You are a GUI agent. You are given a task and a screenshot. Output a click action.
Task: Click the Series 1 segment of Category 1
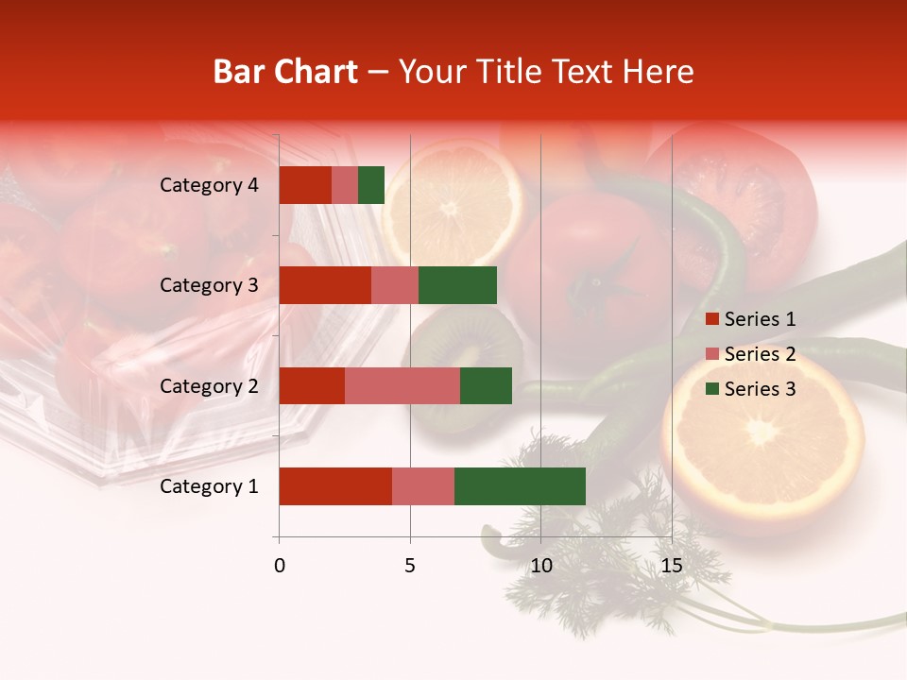tap(335, 486)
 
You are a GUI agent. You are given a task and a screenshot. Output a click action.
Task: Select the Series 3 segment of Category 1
tap(520, 486)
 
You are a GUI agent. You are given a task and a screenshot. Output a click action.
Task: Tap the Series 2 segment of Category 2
tap(402, 385)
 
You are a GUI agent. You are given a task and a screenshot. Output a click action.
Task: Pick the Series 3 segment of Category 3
tap(457, 285)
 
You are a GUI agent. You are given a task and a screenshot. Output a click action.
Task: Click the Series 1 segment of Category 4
tap(305, 185)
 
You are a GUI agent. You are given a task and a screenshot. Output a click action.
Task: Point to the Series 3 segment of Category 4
tap(371, 185)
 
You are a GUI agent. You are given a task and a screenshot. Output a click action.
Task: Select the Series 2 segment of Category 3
tap(395, 285)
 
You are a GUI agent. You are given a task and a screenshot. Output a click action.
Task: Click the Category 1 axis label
tap(209, 486)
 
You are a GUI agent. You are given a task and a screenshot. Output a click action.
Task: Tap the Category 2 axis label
tap(209, 385)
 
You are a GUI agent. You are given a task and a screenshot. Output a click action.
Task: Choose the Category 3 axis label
tap(209, 285)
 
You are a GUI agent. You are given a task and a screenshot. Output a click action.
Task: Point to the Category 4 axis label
tap(209, 185)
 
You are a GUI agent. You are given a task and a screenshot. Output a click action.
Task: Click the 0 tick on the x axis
tap(280, 566)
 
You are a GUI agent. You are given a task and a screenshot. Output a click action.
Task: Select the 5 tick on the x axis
tap(410, 566)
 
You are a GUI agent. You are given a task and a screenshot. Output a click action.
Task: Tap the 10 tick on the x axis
tap(540, 566)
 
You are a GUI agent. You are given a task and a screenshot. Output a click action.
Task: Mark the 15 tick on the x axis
tap(672, 566)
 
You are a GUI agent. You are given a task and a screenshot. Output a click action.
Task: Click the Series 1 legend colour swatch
tap(712, 319)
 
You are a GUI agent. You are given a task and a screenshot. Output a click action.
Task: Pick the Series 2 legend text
tap(761, 354)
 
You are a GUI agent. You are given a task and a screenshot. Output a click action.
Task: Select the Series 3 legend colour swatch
tap(712, 389)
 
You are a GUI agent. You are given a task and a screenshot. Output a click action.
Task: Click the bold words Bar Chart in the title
tap(285, 72)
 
